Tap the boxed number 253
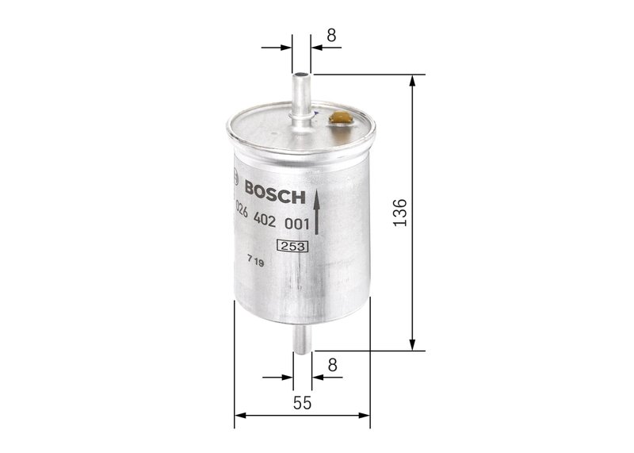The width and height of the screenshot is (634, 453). click(x=292, y=247)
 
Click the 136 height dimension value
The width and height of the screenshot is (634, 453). click(x=400, y=213)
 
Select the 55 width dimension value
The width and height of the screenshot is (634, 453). click(x=303, y=403)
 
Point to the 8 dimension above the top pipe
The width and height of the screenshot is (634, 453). click(x=331, y=35)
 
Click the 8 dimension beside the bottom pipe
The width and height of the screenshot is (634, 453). click(x=332, y=365)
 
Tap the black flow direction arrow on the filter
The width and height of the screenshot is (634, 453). click(x=316, y=212)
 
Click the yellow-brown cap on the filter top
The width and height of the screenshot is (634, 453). click(x=339, y=118)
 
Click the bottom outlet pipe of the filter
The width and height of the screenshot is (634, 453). click(x=303, y=340)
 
